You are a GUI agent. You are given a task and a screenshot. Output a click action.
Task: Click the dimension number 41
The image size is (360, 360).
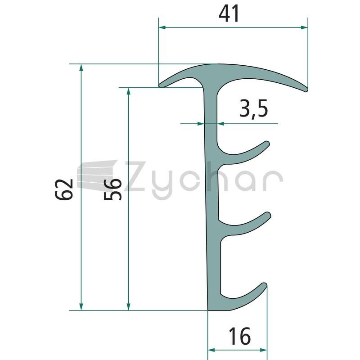pos(229,13)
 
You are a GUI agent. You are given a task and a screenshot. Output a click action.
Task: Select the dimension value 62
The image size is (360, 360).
pos(64,189)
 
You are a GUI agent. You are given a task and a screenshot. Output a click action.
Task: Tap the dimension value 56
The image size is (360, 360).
pos(112,189)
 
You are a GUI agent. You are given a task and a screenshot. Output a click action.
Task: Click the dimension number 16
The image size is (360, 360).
pos(239,336)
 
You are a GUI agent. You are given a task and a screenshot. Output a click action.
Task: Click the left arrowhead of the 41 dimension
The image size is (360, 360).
pos(162,27)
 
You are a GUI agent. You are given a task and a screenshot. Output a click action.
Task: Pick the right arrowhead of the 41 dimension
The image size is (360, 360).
pos(304,27)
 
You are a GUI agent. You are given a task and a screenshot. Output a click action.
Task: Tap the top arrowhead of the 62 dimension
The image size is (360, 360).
pos(81,67)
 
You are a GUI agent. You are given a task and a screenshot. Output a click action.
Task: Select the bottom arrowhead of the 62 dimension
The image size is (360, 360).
pos(81,306)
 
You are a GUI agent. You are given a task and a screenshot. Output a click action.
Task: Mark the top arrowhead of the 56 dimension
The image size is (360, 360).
pos(129,91)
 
